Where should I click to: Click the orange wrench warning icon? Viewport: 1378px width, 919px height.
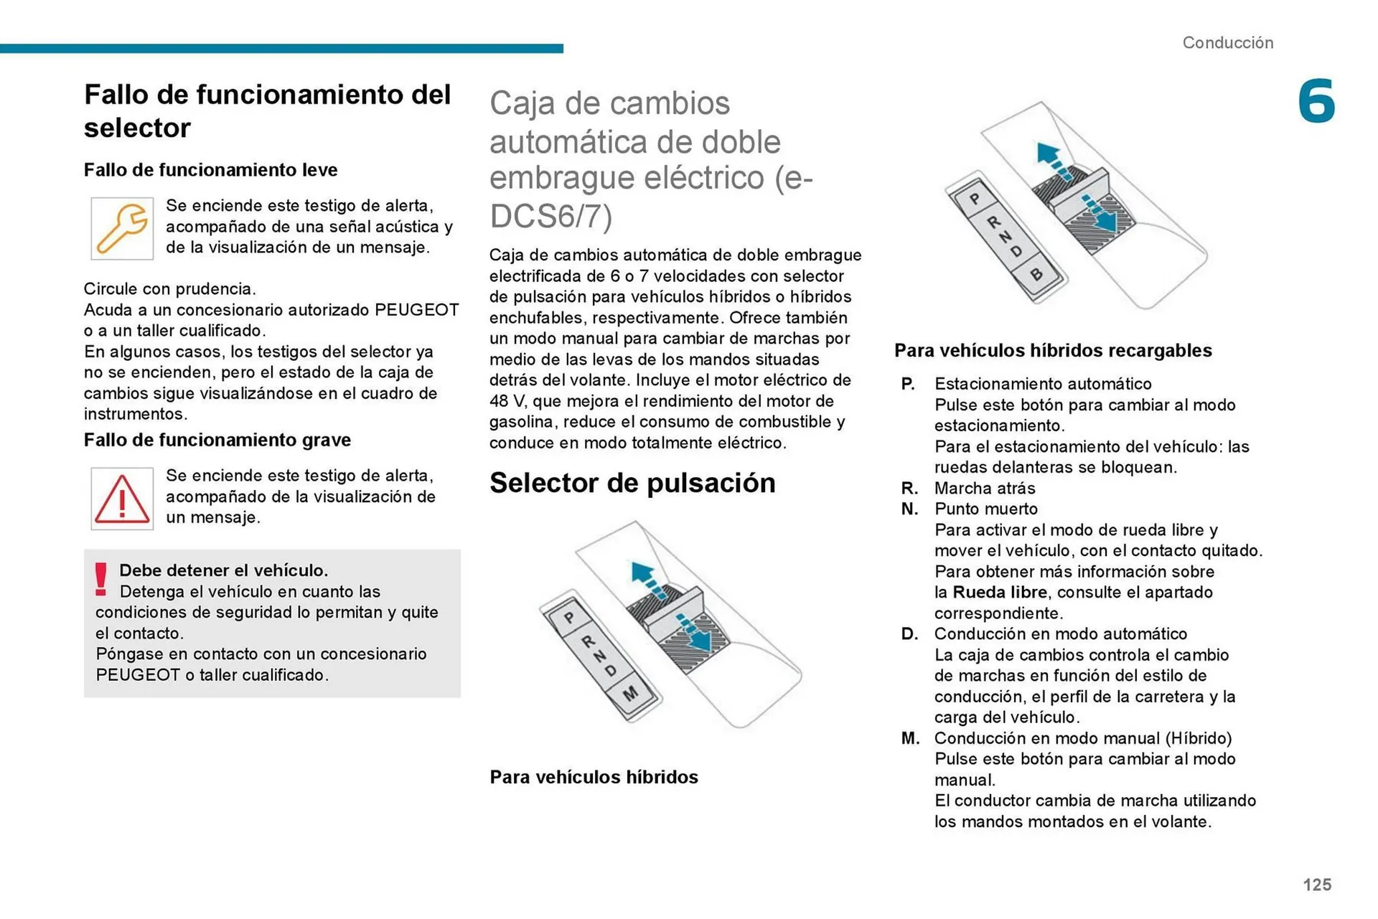click(122, 228)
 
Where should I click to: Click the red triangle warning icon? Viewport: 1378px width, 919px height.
click(122, 499)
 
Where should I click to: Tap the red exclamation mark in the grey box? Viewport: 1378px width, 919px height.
click(101, 579)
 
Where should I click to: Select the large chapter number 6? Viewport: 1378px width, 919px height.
click(1316, 101)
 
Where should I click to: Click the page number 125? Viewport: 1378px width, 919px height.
click(1316, 885)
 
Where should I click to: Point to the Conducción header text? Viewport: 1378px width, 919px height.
click(1227, 43)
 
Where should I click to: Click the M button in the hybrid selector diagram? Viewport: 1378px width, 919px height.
click(630, 694)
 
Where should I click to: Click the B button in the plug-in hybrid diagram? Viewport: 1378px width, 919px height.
click(1036, 274)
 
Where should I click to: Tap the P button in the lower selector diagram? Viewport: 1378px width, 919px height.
click(569, 618)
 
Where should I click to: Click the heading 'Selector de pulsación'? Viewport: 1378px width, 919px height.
click(632, 483)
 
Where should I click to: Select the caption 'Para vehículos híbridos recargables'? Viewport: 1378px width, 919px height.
click(1052, 351)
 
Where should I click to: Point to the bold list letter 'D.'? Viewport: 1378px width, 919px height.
click(909, 634)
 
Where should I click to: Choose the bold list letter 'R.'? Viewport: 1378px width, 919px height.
click(909, 489)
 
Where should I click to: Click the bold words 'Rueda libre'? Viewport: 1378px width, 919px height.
click(1000, 593)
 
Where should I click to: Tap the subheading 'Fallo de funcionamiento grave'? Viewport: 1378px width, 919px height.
click(217, 440)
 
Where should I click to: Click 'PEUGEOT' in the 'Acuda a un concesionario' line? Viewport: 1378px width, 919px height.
click(416, 310)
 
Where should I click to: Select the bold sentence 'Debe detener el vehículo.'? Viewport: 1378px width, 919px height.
click(223, 570)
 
